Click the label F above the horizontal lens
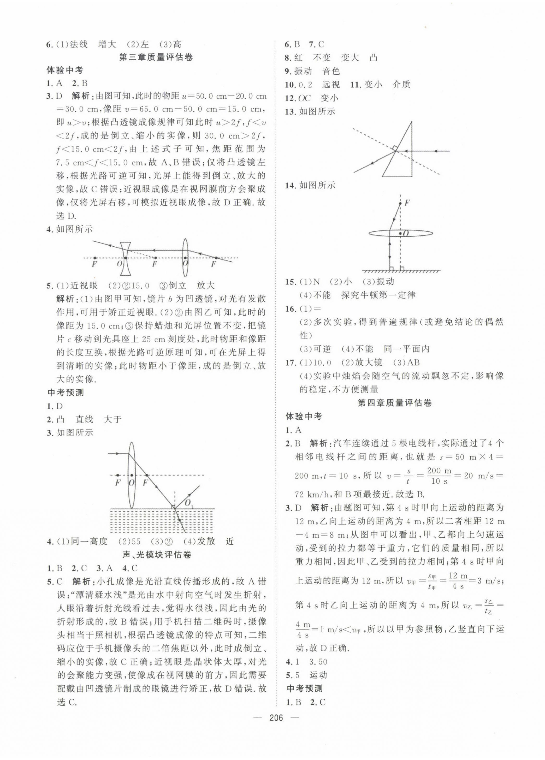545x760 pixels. pos(407,203)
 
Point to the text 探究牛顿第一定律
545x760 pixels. pos(378,295)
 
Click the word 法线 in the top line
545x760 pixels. pos(78,44)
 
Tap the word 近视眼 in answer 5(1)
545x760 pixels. pos(84,286)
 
